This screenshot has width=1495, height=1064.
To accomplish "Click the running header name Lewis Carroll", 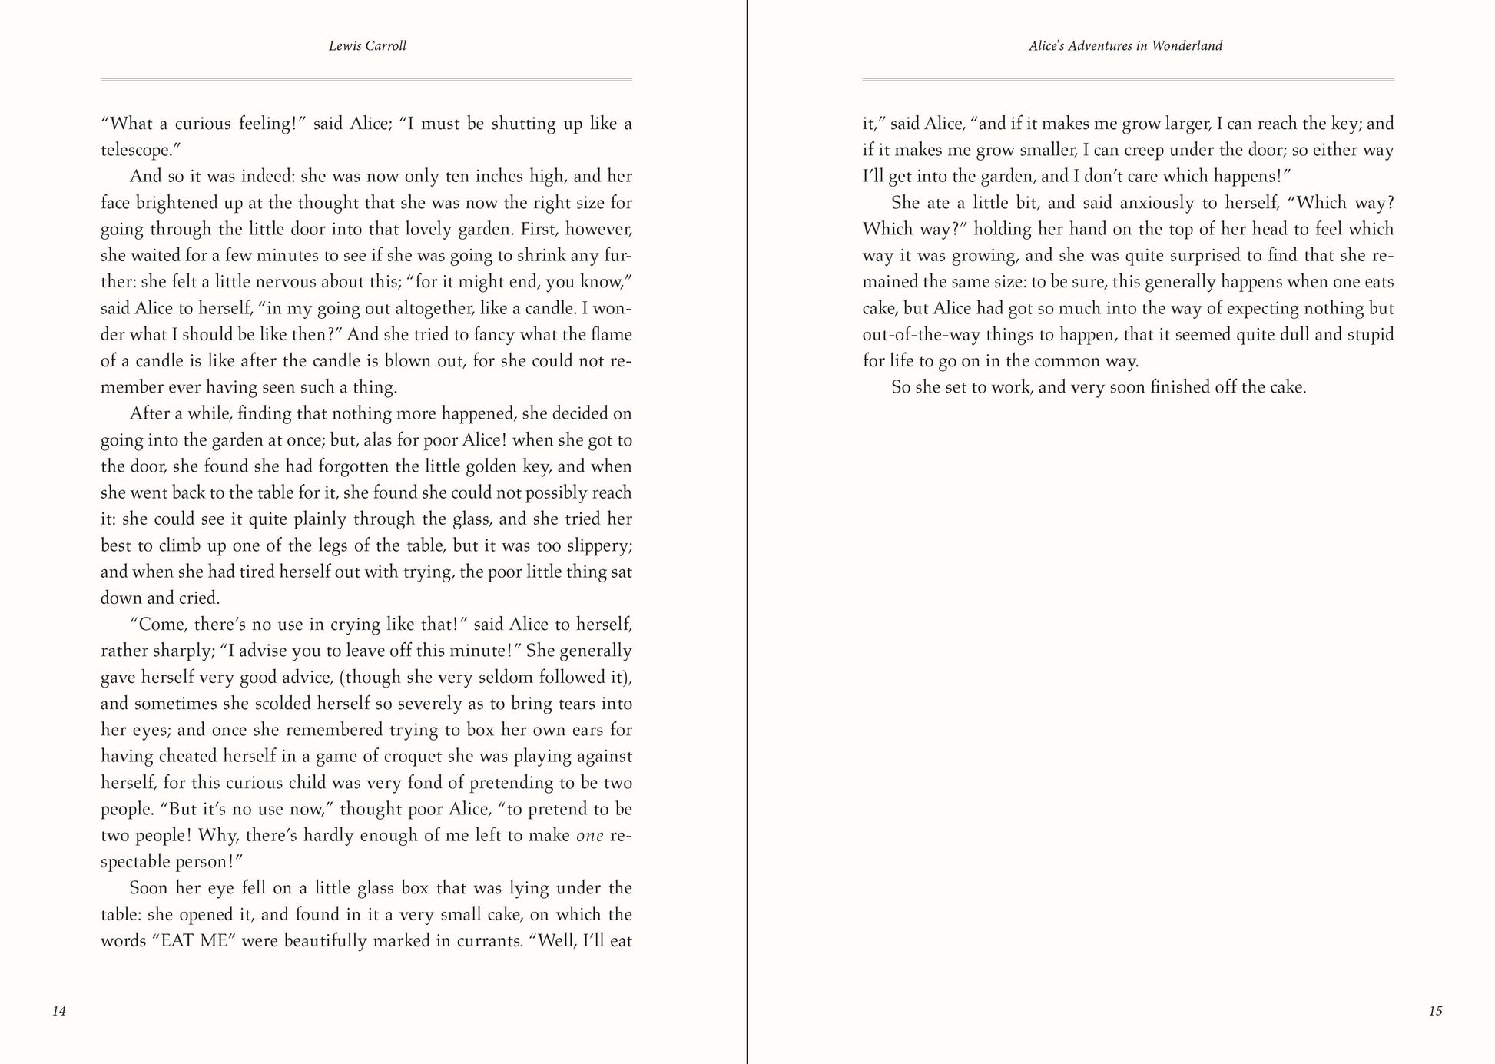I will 367,46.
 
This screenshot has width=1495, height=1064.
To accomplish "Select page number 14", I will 59,1011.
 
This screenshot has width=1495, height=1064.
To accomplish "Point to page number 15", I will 1435,1011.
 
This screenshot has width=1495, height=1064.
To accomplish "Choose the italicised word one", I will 590,836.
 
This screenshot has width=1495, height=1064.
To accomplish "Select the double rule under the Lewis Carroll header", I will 366,79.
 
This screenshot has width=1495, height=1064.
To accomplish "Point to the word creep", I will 1145,151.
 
